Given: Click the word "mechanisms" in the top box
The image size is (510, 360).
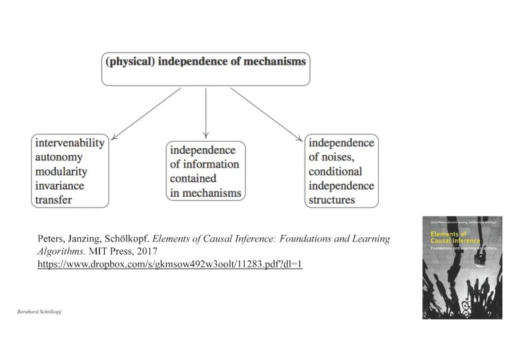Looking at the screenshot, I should (274, 61).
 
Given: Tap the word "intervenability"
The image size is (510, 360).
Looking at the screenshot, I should (69, 142).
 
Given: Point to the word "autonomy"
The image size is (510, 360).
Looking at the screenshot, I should (59, 157).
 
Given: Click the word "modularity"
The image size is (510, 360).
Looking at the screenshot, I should (61, 171).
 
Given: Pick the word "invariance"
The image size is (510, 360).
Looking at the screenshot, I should (59, 185).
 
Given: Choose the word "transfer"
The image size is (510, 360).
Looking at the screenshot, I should (53, 200).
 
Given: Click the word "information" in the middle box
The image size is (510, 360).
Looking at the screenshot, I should (212, 164).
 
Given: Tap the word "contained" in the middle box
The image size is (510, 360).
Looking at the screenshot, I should (193, 178).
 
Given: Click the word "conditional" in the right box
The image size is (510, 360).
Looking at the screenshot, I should (335, 171).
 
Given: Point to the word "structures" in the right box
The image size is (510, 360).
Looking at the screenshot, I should (331, 200).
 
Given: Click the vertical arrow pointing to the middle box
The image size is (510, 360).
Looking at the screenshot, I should (206, 113).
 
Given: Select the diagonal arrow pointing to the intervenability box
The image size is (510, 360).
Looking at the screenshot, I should (146, 114).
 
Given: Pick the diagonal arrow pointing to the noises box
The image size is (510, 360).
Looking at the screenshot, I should (266, 114).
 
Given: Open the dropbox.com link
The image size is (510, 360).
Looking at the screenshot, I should (170, 264).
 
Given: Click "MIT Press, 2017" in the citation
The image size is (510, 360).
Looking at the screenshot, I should (123, 251).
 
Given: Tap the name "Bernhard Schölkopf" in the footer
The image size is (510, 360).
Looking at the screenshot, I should (39, 312).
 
